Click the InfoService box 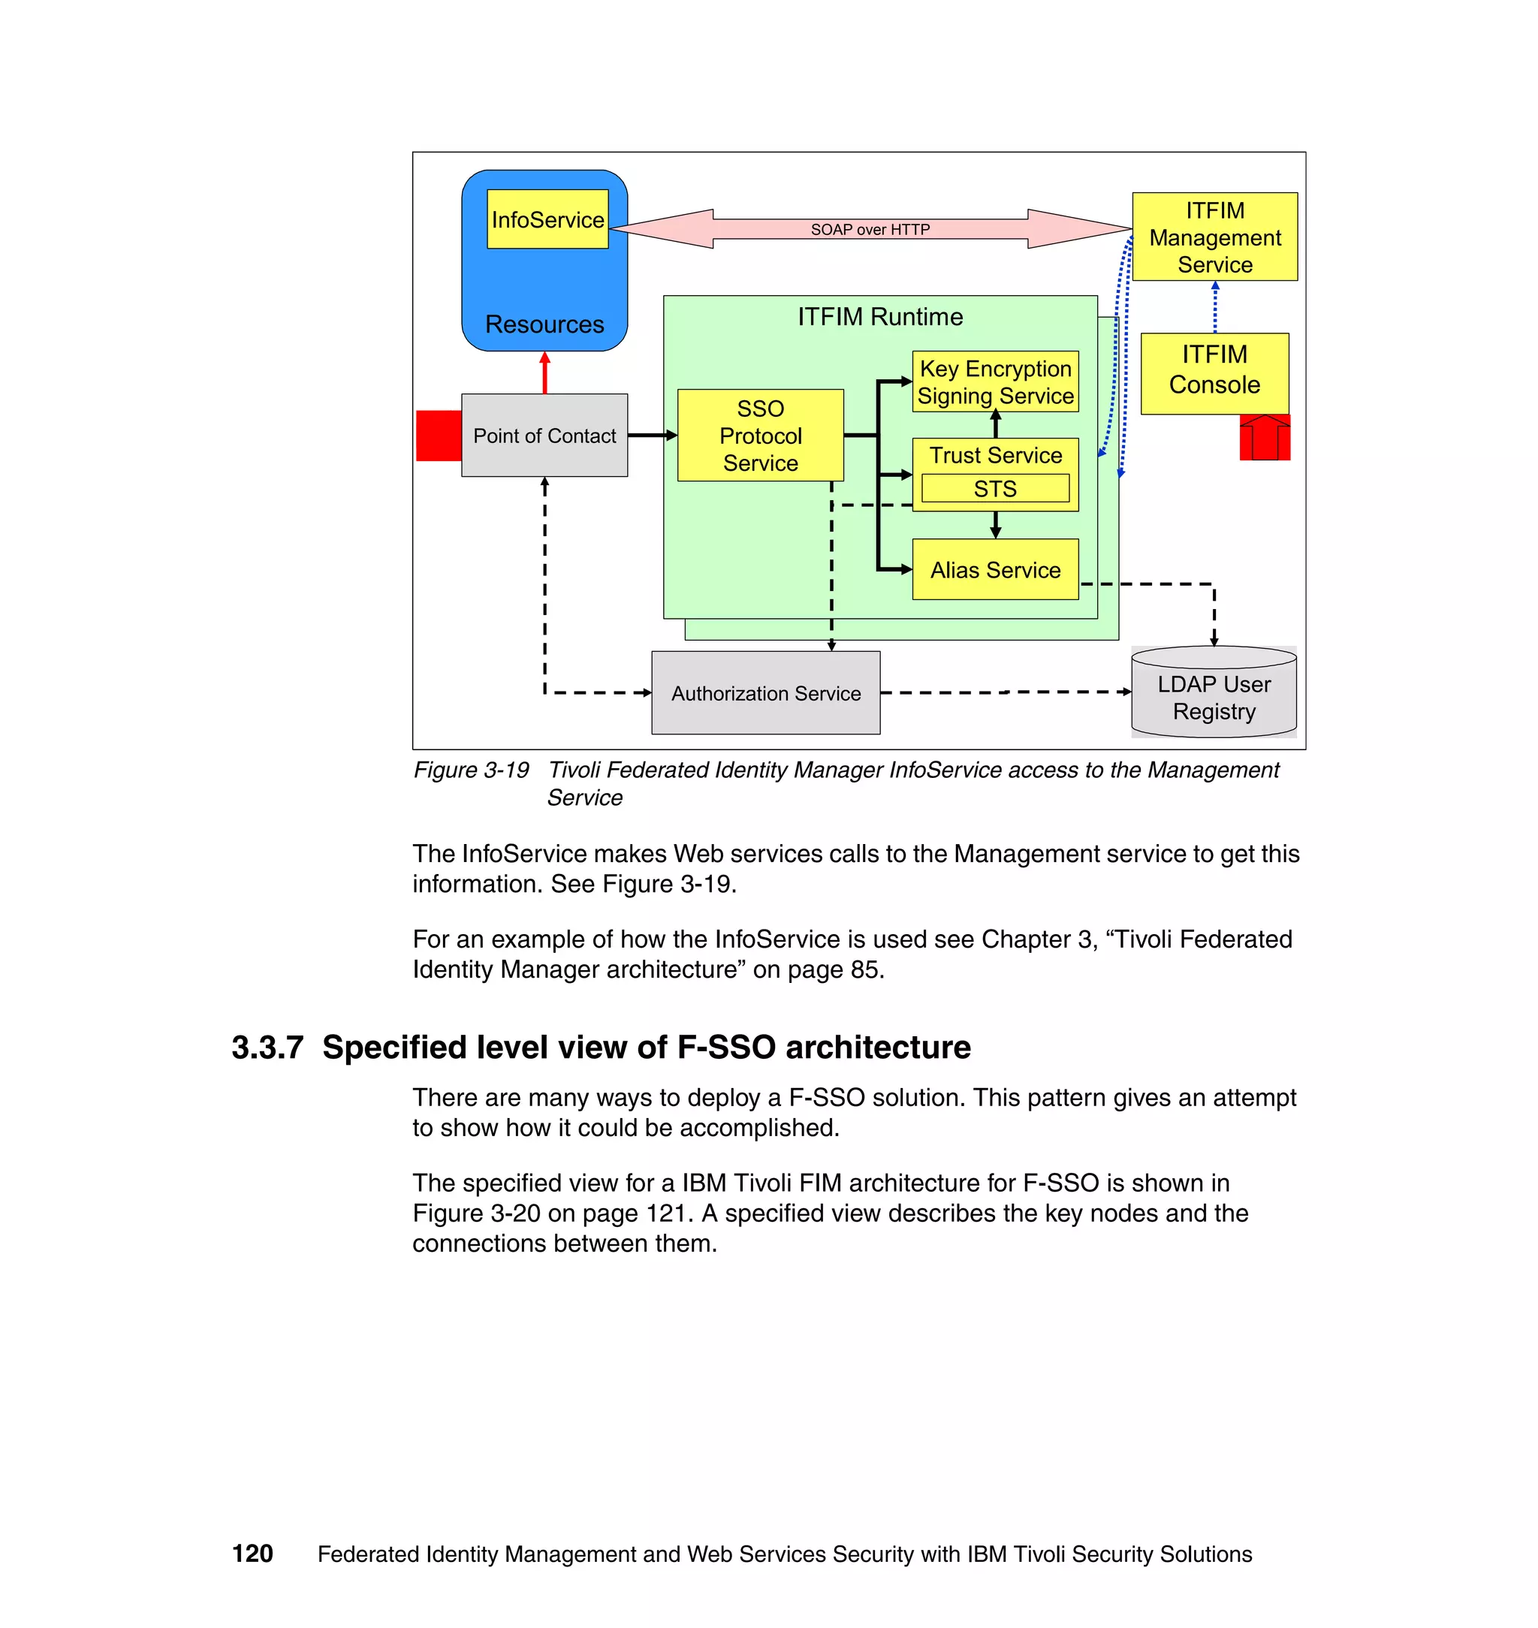coord(547,220)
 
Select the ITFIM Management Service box coord(1214,237)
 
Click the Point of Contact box coord(544,436)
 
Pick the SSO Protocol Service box coord(760,436)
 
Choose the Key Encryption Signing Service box coord(995,382)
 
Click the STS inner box coord(995,489)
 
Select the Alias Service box coord(995,570)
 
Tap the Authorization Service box coord(766,694)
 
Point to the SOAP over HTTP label coord(870,230)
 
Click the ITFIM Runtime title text coord(879,316)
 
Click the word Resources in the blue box coord(544,324)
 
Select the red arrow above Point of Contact coord(544,373)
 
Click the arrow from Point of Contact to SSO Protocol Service coord(652,436)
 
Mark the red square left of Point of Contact coord(439,436)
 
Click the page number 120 coord(252,1554)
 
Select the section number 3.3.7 coord(267,1048)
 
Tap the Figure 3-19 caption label coord(471,770)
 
